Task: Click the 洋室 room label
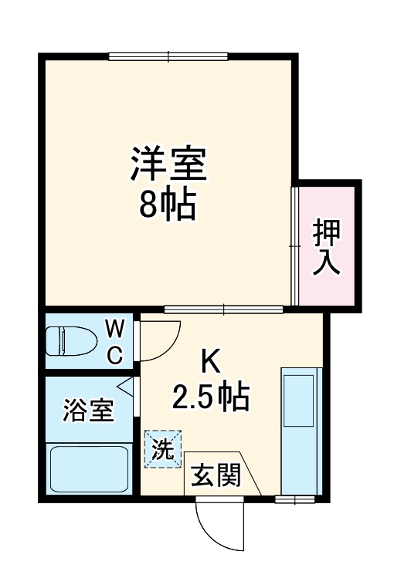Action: point(168,164)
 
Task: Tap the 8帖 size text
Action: point(168,205)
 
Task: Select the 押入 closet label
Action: point(326,246)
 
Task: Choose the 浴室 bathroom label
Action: point(88,410)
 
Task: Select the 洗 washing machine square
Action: point(162,449)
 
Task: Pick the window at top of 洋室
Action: point(168,56)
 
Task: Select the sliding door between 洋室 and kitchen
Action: point(223,309)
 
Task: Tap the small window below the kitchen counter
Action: point(297,499)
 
